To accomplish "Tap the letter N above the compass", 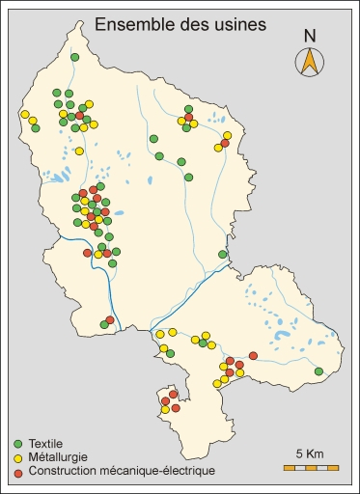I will point(309,36).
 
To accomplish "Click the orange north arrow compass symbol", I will point(309,62).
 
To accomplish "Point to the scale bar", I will point(311,468).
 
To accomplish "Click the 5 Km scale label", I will point(309,453).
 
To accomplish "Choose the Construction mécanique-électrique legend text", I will point(121,472).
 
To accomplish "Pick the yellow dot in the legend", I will point(17,456).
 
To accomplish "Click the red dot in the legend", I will point(17,472).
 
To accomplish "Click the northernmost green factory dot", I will point(74,58).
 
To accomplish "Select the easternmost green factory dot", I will point(318,370).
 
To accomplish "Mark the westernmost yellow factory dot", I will point(25,114).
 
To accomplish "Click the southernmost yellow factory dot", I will point(165,410).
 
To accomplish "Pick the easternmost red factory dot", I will point(254,356).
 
